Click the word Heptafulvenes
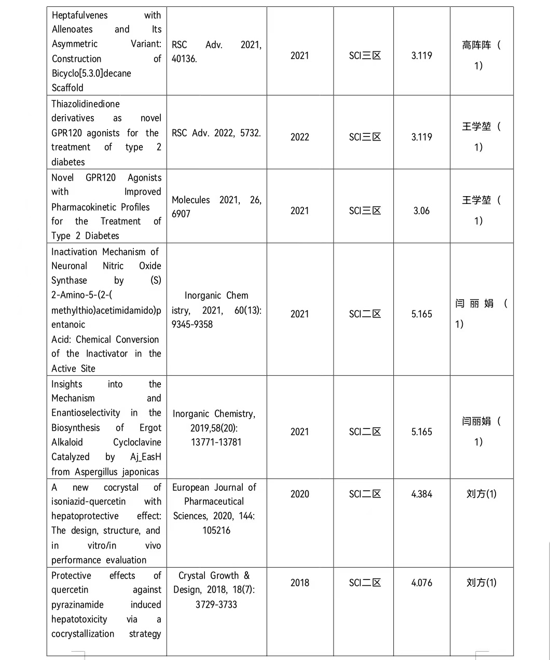click(x=80, y=16)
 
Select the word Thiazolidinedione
click(x=86, y=104)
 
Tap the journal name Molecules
click(x=191, y=200)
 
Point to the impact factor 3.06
click(x=421, y=211)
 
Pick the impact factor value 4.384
click(x=421, y=494)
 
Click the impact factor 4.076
click(x=421, y=583)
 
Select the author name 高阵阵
click(x=476, y=46)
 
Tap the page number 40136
click(x=184, y=59)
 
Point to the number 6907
click(x=181, y=214)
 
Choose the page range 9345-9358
click(x=192, y=324)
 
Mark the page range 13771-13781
click(x=216, y=442)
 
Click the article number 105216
click(x=216, y=530)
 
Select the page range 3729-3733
click(x=216, y=604)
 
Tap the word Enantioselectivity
click(x=86, y=413)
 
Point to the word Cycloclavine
click(x=137, y=443)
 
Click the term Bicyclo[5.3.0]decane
click(x=91, y=73)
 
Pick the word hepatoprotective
click(x=85, y=516)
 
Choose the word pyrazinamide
click(x=77, y=605)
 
